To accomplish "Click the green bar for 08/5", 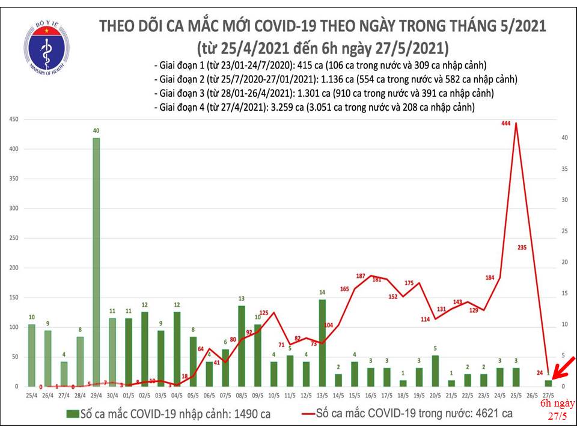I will coord(242,345).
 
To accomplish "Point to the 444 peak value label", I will coord(505,123).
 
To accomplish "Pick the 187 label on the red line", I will coord(361,276).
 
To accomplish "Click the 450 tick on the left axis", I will coord(14,120).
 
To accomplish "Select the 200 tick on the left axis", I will coord(14,268).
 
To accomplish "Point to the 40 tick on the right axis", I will coord(565,138).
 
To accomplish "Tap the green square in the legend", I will coord(72,414).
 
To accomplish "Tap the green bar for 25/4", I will coord(31,355).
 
